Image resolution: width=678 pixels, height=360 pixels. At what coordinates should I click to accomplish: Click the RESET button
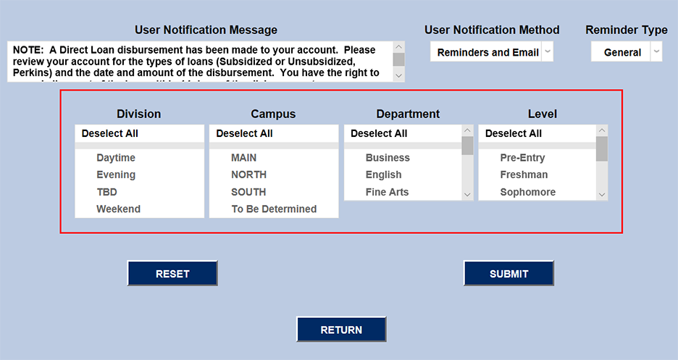(172, 274)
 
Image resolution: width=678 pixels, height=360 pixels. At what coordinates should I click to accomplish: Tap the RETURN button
(341, 330)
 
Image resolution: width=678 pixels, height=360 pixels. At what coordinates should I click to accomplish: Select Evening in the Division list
(116, 175)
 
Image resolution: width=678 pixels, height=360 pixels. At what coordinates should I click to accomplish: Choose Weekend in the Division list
(118, 209)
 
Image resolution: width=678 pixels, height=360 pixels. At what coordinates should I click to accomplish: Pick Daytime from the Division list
(116, 158)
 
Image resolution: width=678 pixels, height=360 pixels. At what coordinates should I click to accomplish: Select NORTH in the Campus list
(248, 175)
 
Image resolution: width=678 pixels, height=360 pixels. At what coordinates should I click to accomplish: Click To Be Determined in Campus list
(274, 209)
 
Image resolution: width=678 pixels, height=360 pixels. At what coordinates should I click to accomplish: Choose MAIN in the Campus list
(243, 158)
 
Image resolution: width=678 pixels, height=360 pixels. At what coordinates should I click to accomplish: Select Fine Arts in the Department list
(387, 192)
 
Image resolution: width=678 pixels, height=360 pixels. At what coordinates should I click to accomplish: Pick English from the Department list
(383, 175)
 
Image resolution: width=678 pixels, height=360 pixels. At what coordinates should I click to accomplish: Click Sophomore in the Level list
(527, 192)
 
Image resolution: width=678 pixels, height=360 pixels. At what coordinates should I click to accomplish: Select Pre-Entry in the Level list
(522, 158)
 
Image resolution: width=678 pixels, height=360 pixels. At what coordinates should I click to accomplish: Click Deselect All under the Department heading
(379, 133)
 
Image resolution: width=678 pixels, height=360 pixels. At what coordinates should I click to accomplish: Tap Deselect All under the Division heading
(109, 133)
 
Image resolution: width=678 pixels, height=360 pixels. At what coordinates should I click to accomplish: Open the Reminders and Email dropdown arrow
(548, 52)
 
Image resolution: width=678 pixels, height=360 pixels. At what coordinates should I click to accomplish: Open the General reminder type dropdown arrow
(656, 52)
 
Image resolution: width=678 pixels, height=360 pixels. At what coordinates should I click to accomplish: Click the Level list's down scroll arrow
(602, 194)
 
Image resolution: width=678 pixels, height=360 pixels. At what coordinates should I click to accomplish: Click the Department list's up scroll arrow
(467, 131)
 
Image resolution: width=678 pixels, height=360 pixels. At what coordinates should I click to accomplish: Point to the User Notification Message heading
(206, 30)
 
